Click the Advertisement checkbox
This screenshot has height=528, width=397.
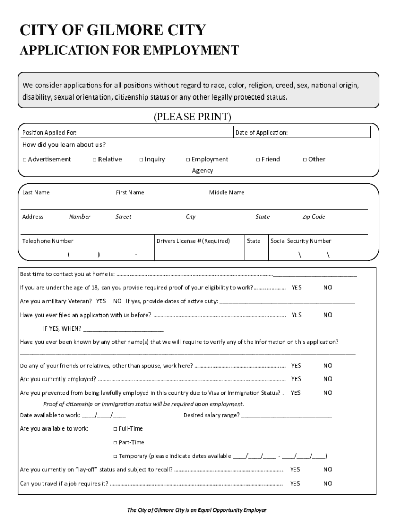coord(24,160)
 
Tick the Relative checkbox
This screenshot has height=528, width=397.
coord(94,160)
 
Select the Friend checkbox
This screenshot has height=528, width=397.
coord(258,160)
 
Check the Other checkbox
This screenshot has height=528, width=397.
coord(305,160)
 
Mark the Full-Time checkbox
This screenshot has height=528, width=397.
coord(115,429)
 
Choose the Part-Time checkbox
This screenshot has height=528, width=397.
coord(115,443)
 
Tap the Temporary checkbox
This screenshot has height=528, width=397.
coord(115,456)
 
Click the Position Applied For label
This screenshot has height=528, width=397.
coord(49,133)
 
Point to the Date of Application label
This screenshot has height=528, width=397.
coord(261,133)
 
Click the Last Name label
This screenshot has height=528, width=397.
coord(36,193)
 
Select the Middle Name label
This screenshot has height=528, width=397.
coord(226,193)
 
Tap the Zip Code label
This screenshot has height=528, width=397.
coord(313,217)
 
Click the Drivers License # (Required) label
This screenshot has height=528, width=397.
coord(193,241)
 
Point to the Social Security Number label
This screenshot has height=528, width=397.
coord(301,241)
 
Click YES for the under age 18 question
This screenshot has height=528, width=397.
coord(296,288)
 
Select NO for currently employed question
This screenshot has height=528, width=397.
coord(328,379)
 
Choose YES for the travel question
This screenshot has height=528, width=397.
coord(295,484)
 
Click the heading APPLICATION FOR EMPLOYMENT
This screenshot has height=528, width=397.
coord(129,51)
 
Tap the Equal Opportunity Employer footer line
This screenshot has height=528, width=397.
coord(197,510)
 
